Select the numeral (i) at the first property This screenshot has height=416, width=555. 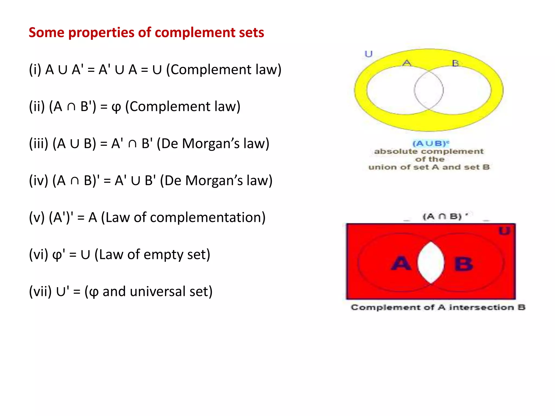pyautogui.click(x=35, y=70)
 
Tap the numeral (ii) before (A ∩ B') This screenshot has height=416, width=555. pyautogui.click(x=37, y=106)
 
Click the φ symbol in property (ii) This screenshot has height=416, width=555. pyautogui.click(x=116, y=107)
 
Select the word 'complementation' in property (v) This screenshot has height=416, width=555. pyautogui.click(x=208, y=217)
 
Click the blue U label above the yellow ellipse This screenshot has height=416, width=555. pyautogui.click(x=369, y=54)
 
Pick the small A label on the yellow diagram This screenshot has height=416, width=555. pyautogui.click(x=407, y=63)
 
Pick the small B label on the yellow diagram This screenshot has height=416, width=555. pyautogui.click(x=455, y=63)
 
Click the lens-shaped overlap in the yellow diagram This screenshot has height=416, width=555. pyautogui.click(x=429, y=90)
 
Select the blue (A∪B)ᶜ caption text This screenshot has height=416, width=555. pyautogui.click(x=431, y=143)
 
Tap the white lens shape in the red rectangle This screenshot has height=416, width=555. pyautogui.click(x=431, y=262)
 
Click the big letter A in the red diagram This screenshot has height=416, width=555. pyautogui.click(x=401, y=263)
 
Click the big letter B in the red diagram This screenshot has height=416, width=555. pyautogui.click(x=464, y=264)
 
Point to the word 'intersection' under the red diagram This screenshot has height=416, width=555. pyautogui.click(x=482, y=307)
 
